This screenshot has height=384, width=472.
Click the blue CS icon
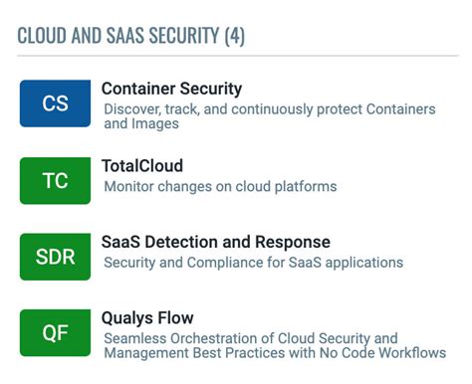[x=55, y=103]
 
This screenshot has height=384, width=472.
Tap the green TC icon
[x=55, y=180]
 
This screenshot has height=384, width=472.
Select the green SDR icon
[x=55, y=257]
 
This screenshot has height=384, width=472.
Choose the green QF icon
[x=55, y=333]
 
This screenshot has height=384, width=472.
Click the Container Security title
[x=171, y=90]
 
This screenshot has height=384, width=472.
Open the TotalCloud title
[x=141, y=166]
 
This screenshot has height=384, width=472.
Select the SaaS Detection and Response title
[x=215, y=243]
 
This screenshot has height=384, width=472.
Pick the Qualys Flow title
[x=147, y=318]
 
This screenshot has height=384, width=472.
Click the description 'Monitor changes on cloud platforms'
[x=220, y=186]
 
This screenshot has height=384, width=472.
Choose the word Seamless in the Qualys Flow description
[x=135, y=338]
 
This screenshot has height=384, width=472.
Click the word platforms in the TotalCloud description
[x=306, y=186]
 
